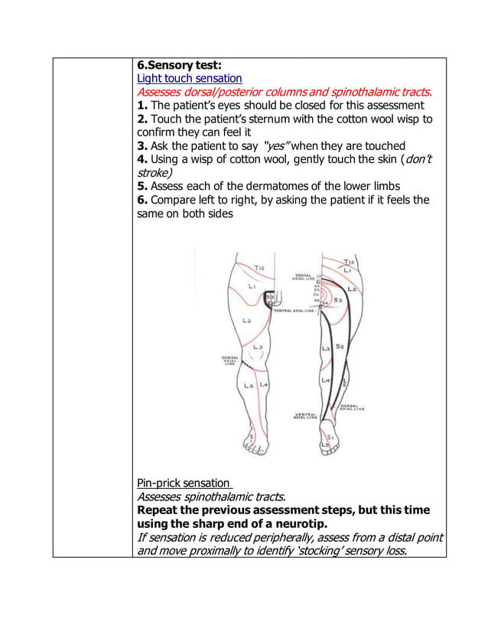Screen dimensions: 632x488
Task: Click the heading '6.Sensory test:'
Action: (179, 64)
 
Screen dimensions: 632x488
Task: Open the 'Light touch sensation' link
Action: (189, 78)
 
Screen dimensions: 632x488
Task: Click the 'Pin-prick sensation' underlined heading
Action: (183, 483)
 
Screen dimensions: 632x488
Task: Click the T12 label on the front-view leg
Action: (259, 269)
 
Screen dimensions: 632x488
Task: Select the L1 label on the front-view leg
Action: (252, 285)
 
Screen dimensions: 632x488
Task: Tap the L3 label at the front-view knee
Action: (258, 347)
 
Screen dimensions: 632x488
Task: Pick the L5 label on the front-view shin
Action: (248, 386)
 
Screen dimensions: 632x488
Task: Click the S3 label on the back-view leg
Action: (337, 301)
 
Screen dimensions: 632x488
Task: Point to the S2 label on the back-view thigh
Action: (340, 347)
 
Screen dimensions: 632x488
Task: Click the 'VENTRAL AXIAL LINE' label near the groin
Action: (294, 311)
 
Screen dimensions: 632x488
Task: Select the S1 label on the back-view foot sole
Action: (330, 436)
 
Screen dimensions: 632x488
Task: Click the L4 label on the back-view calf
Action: (325, 380)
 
